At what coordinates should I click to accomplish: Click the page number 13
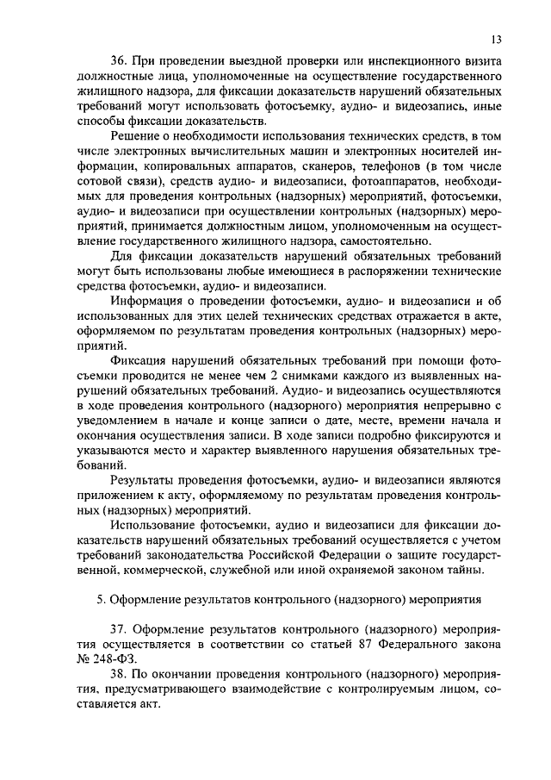[497, 39]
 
